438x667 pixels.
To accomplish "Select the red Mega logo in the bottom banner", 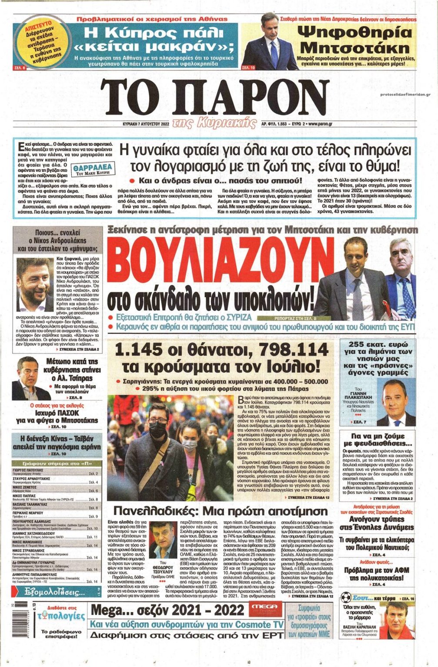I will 264,607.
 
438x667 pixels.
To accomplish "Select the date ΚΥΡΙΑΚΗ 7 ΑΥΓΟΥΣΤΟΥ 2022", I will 146,124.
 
